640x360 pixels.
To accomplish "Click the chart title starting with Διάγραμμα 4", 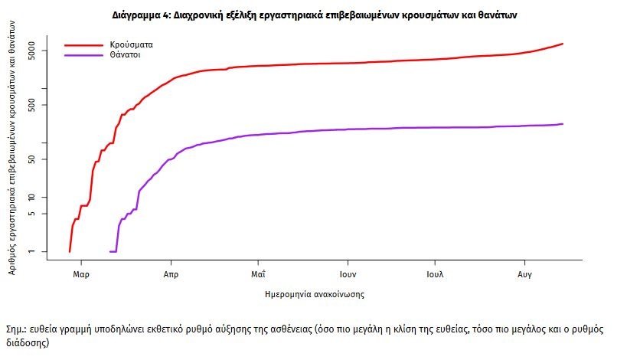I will point(319,15).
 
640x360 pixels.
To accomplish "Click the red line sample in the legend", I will point(83,45).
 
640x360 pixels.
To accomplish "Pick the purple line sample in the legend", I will point(83,55).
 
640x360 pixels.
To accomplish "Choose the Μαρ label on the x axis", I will point(80,273).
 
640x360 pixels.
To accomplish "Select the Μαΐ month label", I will point(258,273).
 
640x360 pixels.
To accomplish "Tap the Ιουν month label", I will point(348,273).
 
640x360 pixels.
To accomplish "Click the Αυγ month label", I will point(525,273).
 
